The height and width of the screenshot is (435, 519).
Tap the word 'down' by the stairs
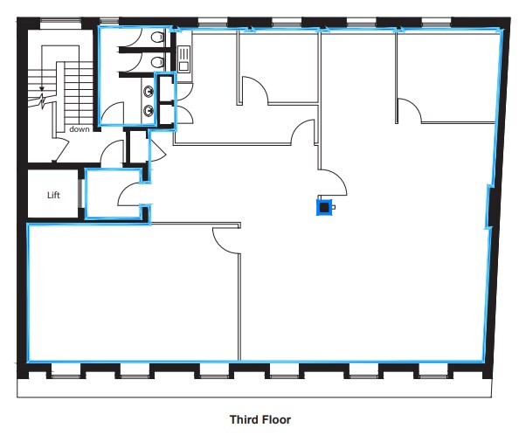pyautogui.click(x=80, y=129)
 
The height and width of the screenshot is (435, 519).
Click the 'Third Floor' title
pyautogui.click(x=259, y=419)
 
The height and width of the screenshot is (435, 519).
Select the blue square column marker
pyautogui.click(x=323, y=207)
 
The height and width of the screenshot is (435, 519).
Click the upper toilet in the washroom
pyautogui.click(x=156, y=38)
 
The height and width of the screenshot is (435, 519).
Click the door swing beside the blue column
pyautogui.click(x=334, y=181)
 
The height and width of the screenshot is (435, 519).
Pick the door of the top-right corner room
pyautogui.click(x=410, y=110)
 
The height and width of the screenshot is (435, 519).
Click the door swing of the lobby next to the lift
pyautogui.click(x=129, y=194)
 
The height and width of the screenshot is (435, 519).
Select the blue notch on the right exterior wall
pyautogui.click(x=488, y=206)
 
